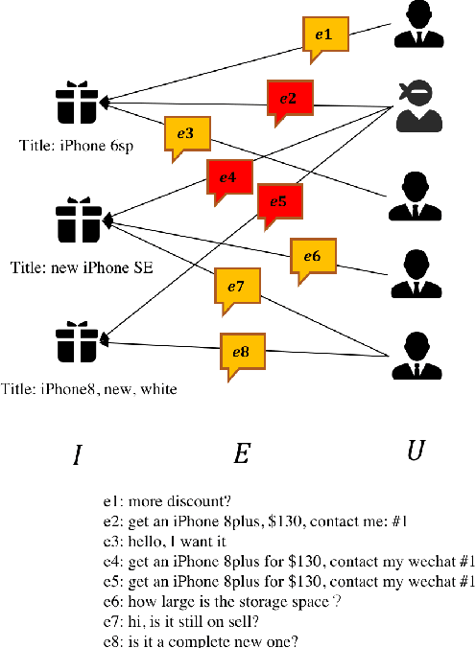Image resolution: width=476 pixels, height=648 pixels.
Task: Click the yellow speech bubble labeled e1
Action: click(x=323, y=35)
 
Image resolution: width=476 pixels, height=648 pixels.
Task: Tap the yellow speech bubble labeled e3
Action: click(x=186, y=135)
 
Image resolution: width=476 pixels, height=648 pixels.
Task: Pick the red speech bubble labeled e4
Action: click(x=227, y=178)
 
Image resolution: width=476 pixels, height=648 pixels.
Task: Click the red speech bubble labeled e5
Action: click(x=278, y=202)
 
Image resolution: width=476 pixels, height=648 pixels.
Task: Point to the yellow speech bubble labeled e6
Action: click(x=312, y=257)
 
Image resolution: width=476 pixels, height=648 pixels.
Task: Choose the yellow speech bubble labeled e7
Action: click(x=237, y=288)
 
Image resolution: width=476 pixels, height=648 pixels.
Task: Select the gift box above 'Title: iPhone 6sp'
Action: click(x=78, y=104)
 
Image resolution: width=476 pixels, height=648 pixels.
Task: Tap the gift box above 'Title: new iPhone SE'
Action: click(x=79, y=220)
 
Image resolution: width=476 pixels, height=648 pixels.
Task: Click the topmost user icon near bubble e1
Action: click(x=419, y=24)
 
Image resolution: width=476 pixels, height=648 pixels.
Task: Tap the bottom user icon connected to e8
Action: click(x=415, y=357)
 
